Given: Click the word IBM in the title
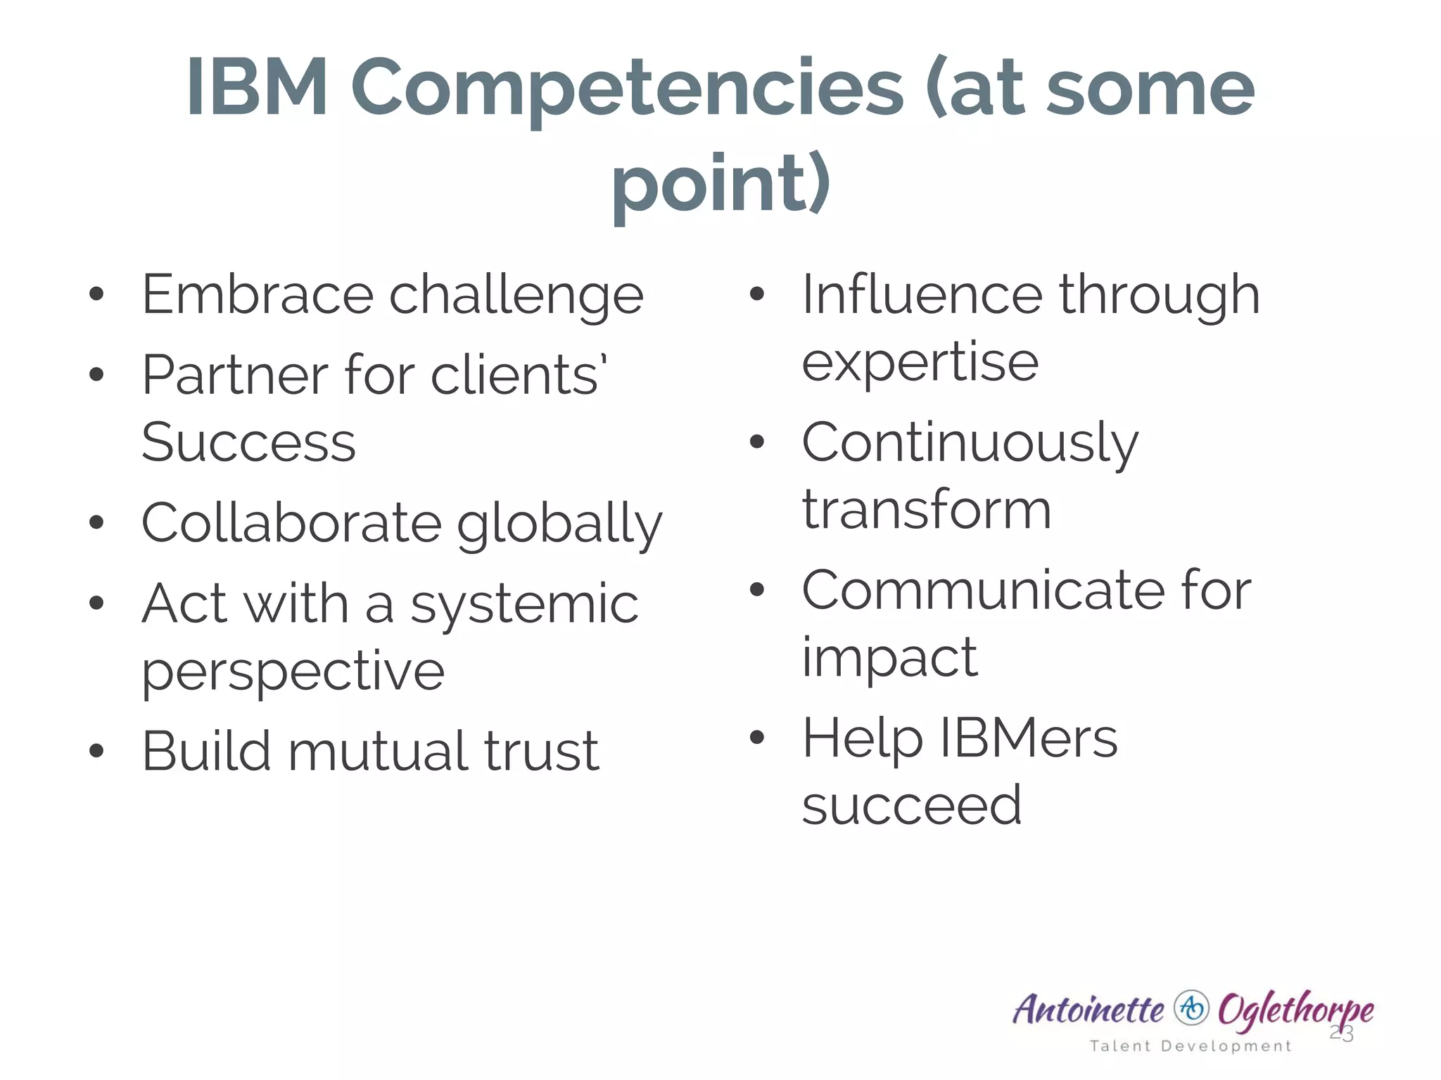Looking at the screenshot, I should click(257, 89).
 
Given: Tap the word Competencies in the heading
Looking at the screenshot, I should click(626, 90).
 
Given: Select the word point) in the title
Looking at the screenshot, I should click(721, 184).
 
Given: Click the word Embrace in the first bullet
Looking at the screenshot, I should click(257, 295).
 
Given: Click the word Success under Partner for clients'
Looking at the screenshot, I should click(248, 443).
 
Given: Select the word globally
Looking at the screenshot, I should click(559, 525).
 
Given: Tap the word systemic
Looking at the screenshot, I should click(524, 605).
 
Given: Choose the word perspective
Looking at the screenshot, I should click(293, 672).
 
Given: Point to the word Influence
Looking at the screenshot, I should click(922, 295).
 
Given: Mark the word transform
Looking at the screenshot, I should click(927, 510).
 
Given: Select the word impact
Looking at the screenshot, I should click(889, 658).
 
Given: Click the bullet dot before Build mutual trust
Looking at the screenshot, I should click(97, 751).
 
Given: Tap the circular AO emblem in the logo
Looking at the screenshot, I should click(1191, 1008).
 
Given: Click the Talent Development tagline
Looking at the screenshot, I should click(1191, 1046).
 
